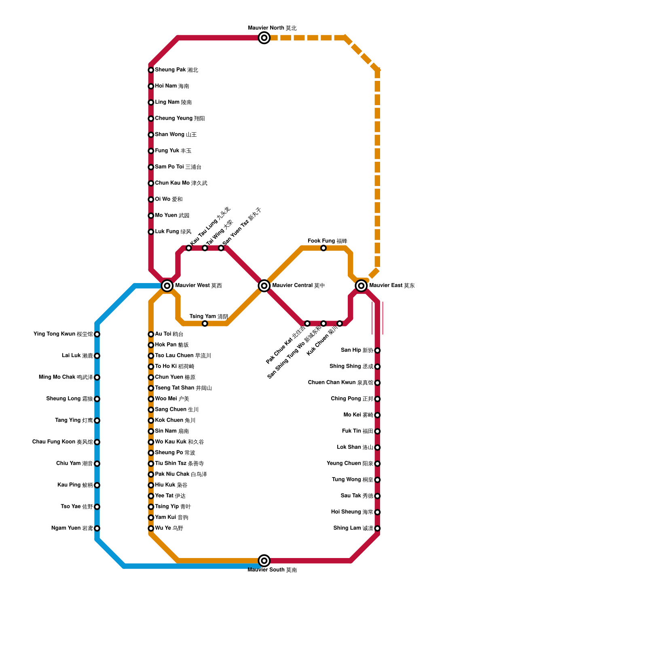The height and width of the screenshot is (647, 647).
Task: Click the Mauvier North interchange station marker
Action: point(264,38)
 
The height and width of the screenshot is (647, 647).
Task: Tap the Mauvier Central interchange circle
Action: point(264,286)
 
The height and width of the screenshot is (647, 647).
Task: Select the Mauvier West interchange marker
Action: point(167,286)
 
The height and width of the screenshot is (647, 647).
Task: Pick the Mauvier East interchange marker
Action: point(361,286)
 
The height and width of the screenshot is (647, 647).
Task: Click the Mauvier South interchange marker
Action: point(264,560)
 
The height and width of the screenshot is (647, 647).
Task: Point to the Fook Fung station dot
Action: point(323,248)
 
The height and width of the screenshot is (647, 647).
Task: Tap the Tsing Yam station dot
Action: point(205,323)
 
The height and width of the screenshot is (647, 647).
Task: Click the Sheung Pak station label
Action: point(176,70)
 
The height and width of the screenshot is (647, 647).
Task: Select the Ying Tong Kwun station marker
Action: point(97,334)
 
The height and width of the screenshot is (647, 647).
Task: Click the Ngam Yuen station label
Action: point(72,528)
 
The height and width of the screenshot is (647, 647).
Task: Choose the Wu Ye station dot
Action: point(151,529)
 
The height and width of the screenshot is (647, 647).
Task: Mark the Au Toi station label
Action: point(169,334)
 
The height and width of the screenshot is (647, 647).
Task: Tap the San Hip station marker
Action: point(377,351)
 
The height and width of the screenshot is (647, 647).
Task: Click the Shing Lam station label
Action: point(353,528)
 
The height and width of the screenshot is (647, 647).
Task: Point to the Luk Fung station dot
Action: point(151,232)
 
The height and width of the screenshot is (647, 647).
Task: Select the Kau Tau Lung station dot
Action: point(189,248)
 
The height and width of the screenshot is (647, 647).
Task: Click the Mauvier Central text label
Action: point(298,285)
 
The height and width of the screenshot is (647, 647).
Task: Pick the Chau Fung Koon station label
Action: point(63,442)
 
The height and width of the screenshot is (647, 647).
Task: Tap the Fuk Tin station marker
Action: point(377,431)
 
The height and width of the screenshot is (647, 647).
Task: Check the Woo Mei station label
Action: point(172,399)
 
